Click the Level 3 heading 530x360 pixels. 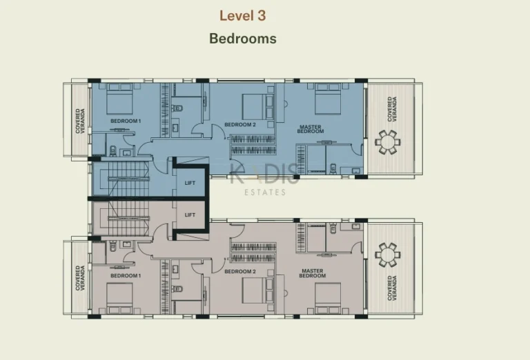point(242,16)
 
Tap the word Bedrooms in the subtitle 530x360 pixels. point(243,39)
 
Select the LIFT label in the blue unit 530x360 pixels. point(190,183)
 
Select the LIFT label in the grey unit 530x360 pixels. point(190,214)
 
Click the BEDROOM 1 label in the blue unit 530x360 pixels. point(126,121)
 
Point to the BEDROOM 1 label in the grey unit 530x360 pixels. point(126,276)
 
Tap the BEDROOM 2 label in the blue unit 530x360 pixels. point(240,125)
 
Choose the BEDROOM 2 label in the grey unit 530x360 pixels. point(240,272)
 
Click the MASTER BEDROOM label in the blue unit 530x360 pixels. point(311,130)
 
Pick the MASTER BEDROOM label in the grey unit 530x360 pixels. point(313,273)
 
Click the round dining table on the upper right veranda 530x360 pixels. point(387,142)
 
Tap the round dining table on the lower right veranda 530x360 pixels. point(387,254)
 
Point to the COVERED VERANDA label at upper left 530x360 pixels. point(80,121)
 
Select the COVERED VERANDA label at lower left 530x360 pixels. point(80,278)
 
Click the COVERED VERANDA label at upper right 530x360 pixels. point(392,109)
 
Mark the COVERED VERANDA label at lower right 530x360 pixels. point(392,288)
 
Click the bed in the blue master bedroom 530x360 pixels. point(328,99)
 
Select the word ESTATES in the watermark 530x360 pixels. point(265,192)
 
